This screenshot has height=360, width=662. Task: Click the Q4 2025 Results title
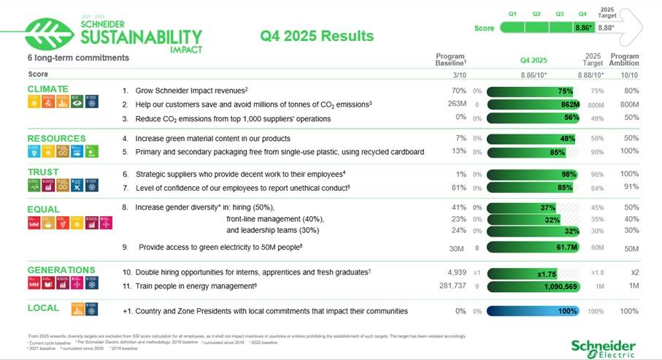[x=317, y=36]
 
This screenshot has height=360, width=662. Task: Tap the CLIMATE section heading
[x=47, y=89]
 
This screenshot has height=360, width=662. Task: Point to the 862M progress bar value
[x=569, y=104]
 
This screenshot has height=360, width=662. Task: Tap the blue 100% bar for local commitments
[x=532, y=311]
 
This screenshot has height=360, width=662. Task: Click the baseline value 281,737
[x=450, y=286]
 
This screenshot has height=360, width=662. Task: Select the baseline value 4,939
[x=456, y=272]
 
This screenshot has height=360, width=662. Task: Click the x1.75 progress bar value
[x=547, y=273]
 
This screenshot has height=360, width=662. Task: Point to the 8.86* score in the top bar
[x=582, y=28]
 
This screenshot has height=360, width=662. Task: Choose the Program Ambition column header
[x=624, y=60]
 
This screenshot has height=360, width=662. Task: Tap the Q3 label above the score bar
[x=559, y=13]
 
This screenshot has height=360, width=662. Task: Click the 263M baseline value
[x=457, y=104]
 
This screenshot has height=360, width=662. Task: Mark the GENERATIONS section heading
[x=61, y=270]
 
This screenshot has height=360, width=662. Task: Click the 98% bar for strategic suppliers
[x=532, y=175]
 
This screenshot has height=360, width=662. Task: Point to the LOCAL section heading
[x=43, y=309]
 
